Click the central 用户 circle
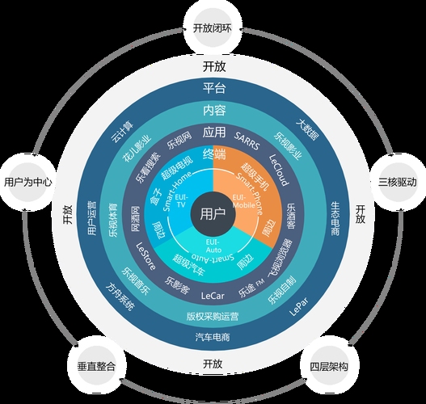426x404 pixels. click(x=213, y=213)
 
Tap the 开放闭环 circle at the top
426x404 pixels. click(x=213, y=27)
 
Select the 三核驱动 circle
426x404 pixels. click(x=396, y=183)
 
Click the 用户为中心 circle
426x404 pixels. click(x=28, y=183)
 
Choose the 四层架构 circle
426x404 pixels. click(x=329, y=366)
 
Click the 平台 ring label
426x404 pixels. click(x=213, y=88)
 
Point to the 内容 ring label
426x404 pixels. click(x=213, y=110)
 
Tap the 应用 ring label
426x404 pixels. click(x=213, y=131)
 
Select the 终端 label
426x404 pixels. click(x=213, y=152)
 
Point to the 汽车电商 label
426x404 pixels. click(x=213, y=336)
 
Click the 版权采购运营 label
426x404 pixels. click(x=213, y=315)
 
